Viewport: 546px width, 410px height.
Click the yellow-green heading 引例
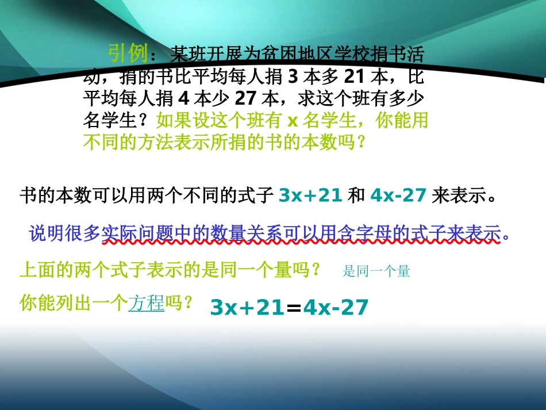[x=128, y=54]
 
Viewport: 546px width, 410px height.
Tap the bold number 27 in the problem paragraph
[x=246, y=98]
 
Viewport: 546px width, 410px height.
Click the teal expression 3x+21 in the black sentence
[x=310, y=196]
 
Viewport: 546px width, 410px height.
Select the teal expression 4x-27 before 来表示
[x=398, y=196]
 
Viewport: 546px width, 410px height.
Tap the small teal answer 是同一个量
[x=376, y=271]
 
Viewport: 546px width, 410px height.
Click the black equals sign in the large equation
[x=294, y=308]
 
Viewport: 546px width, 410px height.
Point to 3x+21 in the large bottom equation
[x=248, y=308]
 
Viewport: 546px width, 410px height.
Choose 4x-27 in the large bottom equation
[x=335, y=308]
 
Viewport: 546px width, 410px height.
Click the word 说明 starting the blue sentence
[x=44, y=234]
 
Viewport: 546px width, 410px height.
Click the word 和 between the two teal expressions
[x=357, y=196]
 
